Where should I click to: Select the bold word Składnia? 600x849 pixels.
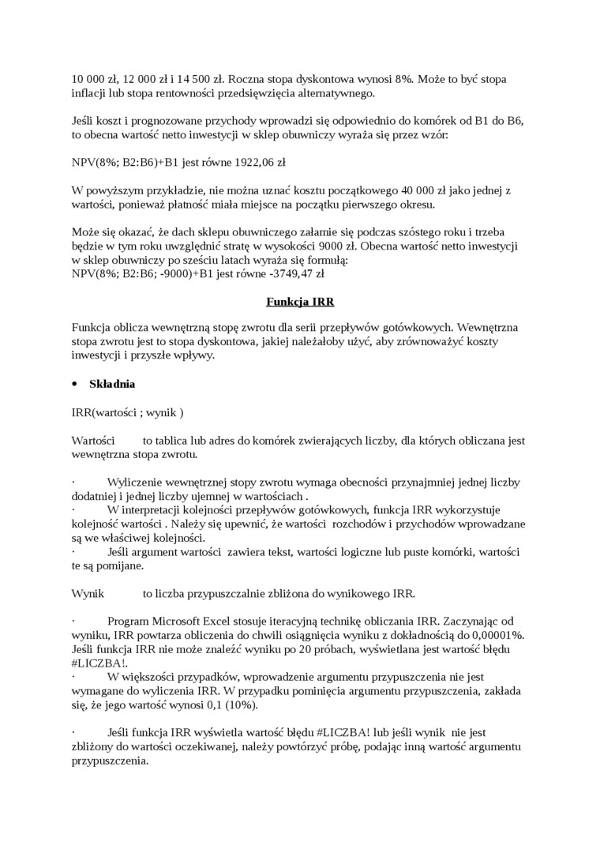(x=112, y=384)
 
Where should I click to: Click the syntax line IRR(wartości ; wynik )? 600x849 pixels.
(x=127, y=411)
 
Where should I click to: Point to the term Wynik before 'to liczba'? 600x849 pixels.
(x=88, y=593)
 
